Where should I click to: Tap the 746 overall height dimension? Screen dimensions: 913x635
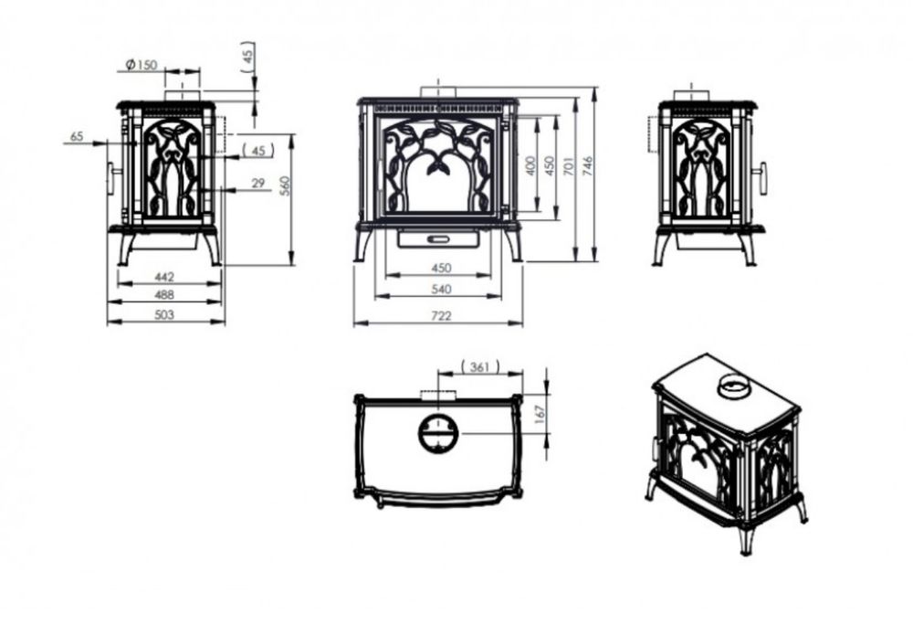coord(587,166)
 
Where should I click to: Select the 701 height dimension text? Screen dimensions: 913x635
coord(570,166)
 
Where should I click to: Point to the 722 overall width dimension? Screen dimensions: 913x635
coord(441,316)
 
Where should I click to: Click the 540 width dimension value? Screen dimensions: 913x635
coord(441,289)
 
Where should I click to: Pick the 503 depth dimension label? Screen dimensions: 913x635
coord(164,314)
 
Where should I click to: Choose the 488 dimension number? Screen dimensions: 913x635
coord(164,295)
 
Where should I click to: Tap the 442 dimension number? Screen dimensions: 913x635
coord(164,277)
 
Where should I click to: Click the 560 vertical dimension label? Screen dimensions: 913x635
coord(285,185)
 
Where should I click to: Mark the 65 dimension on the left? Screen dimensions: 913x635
coord(77,136)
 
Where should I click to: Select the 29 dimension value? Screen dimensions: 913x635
coord(258,183)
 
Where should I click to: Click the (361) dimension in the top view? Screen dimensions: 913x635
coord(480,367)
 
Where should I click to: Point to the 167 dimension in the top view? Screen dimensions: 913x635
coord(540,414)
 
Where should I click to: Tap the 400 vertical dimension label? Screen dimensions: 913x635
coord(529,166)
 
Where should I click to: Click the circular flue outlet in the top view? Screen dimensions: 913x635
coord(438,434)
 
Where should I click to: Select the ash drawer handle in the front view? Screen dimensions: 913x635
coord(438,238)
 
